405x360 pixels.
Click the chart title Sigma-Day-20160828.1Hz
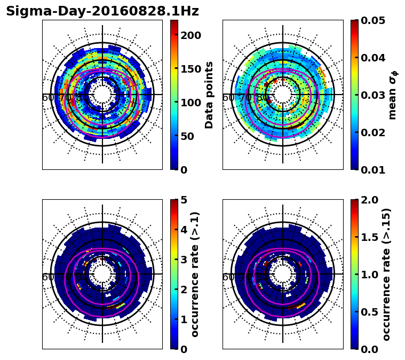coord(102,11)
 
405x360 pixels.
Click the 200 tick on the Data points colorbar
coord(190,35)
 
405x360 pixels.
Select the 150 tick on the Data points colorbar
coord(190,69)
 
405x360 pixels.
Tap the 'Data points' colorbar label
coord(209,95)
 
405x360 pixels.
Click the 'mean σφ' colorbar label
coord(392,95)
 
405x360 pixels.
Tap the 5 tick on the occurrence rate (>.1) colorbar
coord(184,200)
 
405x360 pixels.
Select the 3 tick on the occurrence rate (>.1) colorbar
coord(184,260)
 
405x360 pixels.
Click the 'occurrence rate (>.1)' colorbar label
coord(195,275)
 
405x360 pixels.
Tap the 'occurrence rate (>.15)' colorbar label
coord(386,275)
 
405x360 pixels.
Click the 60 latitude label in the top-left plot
coord(47,98)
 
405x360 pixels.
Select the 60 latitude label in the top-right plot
coord(228,98)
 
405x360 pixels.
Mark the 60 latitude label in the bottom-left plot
coord(47,277)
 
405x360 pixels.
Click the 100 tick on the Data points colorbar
coord(190,103)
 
